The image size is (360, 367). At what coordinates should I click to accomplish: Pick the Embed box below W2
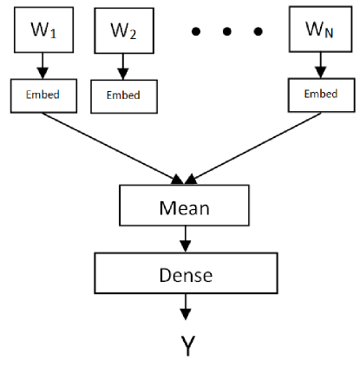[x=122, y=95]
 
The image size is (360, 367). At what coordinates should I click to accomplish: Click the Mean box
[x=183, y=208]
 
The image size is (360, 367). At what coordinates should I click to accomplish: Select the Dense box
[x=183, y=274]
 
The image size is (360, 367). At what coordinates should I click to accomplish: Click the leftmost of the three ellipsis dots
[x=198, y=34]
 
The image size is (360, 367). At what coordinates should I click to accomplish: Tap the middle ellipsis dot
[x=227, y=34]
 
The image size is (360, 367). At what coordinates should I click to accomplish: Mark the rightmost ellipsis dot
[x=257, y=34]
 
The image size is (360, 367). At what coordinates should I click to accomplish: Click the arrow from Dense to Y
[x=184, y=305]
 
